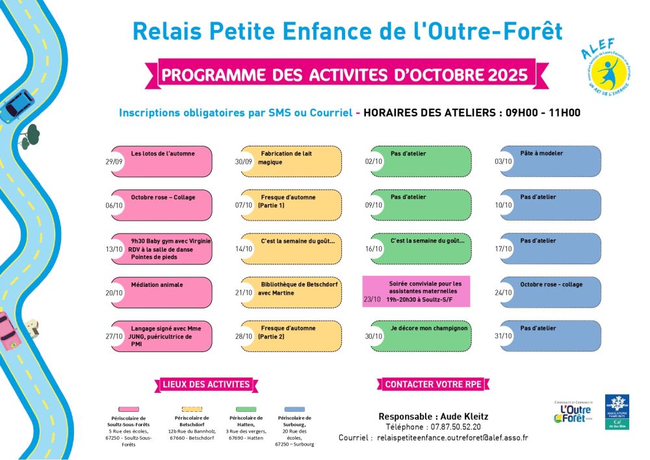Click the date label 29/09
pos(114,162)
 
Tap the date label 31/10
pos(503,336)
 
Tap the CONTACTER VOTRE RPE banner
pos(433,385)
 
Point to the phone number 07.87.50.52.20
pos(454,427)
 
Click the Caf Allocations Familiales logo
pos(616,411)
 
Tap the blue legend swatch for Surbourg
pos(294,409)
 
